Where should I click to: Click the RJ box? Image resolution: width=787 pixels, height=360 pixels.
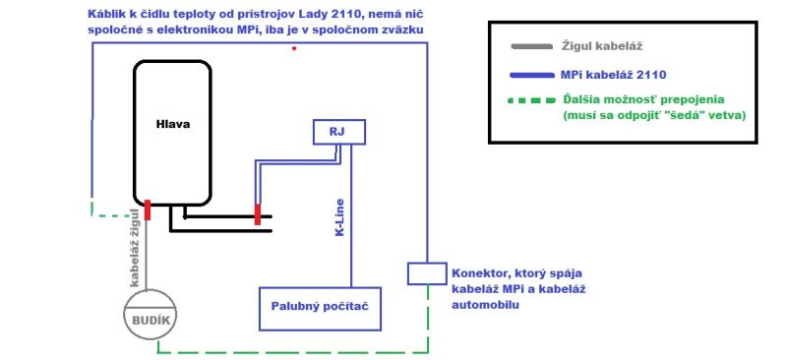tap(339, 132)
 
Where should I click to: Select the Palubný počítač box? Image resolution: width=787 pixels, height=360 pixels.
tap(320, 307)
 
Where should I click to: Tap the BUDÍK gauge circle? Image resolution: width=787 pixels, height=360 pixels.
tap(151, 315)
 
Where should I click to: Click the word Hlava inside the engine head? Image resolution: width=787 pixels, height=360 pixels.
tap(172, 124)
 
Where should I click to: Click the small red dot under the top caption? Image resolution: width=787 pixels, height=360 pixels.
tap(294, 49)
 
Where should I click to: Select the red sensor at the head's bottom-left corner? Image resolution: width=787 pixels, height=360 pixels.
tap(148, 210)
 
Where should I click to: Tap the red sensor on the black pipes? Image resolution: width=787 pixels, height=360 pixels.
tap(258, 214)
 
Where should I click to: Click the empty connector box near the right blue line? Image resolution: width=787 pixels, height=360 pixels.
tap(427, 273)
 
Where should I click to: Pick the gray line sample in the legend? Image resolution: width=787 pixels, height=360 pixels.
tap(531, 46)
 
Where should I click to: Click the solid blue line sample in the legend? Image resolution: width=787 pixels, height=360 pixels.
tap(531, 76)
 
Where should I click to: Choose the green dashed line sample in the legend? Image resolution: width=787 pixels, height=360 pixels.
tap(531, 100)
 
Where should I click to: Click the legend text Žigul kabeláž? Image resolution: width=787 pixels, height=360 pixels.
tap(601, 46)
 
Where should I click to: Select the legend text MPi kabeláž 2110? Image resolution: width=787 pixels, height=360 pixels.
tap(613, 76)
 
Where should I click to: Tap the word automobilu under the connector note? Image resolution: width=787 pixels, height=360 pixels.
tap(485, 305)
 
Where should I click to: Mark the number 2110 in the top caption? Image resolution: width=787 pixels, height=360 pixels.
tap(342, 14)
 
